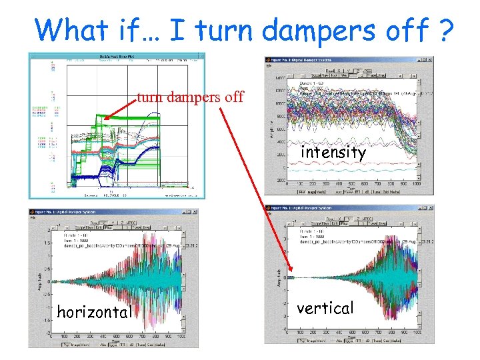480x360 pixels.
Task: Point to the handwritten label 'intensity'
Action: [x=333, y=153]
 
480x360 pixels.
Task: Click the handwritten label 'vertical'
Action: [x=325, y=308]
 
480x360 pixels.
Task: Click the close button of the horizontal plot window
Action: [x=194, y=212]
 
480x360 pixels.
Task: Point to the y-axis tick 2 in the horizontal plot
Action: [x=47, y=230]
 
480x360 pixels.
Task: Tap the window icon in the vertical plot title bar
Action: [x=269, y=209]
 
